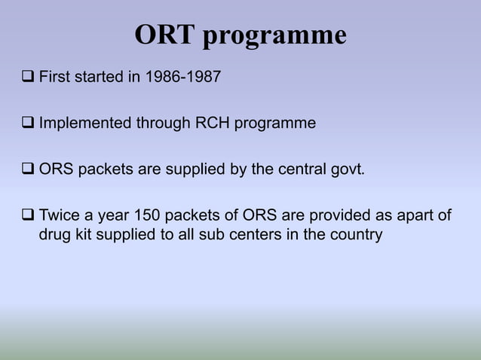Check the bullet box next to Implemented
pyautogui.click(x=28, y=123)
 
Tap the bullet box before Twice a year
pyautogui.click(x=28, y=217)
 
